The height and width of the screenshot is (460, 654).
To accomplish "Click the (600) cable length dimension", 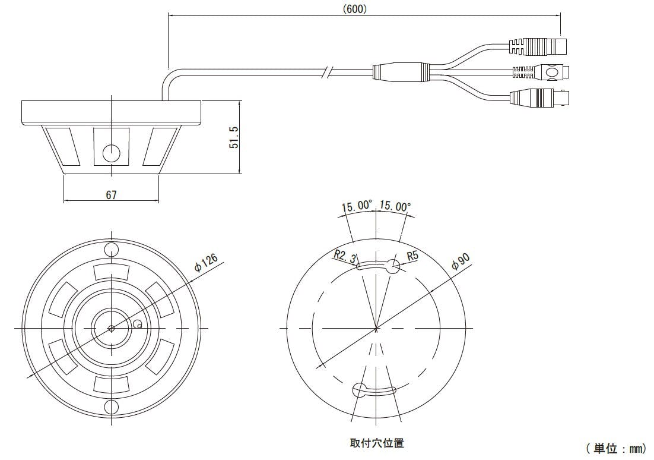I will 355,8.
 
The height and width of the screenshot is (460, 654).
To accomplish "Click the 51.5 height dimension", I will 235,137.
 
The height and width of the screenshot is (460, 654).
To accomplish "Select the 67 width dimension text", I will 111,194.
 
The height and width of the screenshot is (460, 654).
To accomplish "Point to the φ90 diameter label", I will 461,261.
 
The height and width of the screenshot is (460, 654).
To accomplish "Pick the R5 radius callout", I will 412,256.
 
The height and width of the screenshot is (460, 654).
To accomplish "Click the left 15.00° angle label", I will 357,207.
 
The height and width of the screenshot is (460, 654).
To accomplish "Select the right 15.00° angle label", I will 395,207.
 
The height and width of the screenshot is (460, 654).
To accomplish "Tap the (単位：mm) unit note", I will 615,448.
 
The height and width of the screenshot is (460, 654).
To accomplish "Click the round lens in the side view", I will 111,153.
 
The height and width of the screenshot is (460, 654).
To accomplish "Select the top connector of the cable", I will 538,45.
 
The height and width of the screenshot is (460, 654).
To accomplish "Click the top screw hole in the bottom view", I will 111,248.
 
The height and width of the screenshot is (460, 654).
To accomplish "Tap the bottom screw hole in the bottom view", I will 111,407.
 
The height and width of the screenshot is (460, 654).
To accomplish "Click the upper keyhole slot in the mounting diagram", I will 378,266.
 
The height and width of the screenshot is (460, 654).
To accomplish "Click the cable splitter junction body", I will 401,72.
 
